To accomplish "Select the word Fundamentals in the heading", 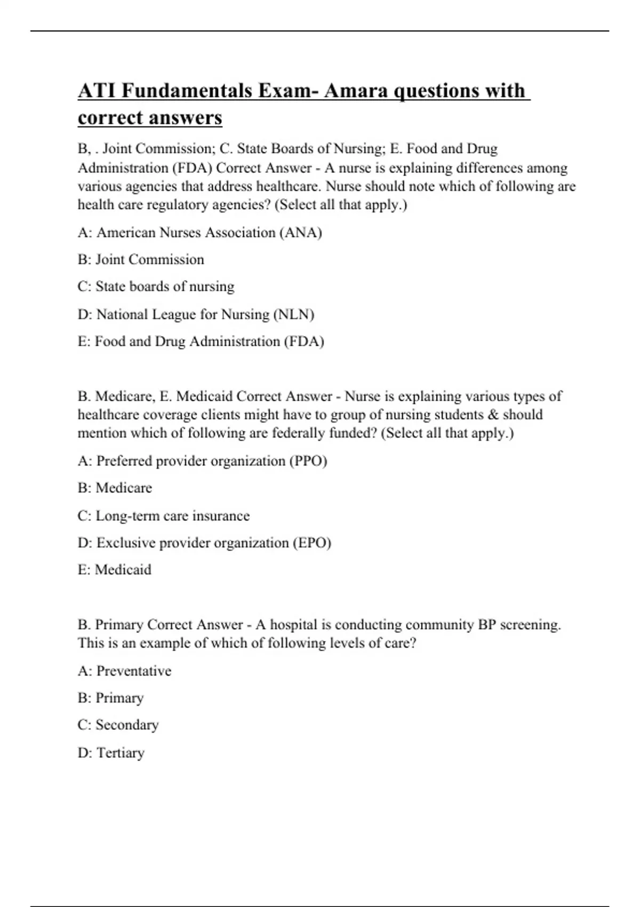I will coord(187,91).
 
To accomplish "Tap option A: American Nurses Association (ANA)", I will coord(199,233).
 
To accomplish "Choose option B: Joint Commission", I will coord(141,260).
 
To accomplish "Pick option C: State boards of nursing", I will coord(156,287).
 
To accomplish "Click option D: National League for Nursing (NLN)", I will coord(196,314).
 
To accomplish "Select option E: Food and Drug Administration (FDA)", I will coord(201,341).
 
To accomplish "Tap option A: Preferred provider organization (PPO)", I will coord(202,461).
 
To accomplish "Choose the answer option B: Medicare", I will coord(115,488).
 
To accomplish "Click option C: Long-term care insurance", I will coord(163,516).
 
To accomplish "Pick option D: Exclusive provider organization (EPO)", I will coord(204,543).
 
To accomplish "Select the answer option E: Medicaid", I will coord(114,570).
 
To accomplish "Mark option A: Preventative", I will coord(124,671).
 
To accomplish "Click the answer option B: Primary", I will coord(110,698).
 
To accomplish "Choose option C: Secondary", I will coord(118,725).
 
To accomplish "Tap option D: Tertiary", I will coord(111,753).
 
